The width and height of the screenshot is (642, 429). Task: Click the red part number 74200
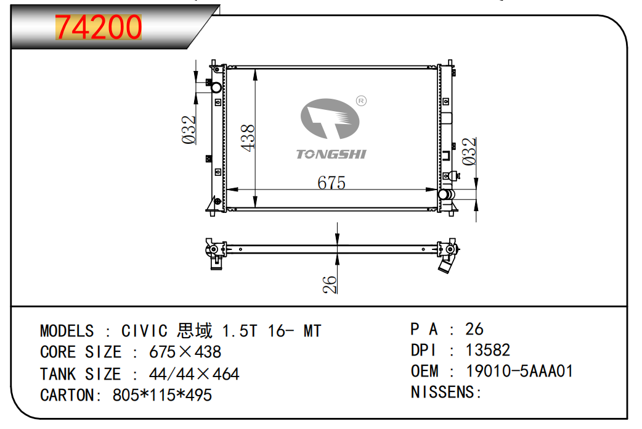(x=98, y=27)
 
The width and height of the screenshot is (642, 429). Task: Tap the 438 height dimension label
(x=248, y=138)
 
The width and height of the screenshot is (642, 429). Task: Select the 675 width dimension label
(x=331, y=183)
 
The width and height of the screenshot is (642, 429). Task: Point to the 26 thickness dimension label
(x=330, y=284)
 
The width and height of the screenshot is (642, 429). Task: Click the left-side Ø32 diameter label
(x=189, y=130)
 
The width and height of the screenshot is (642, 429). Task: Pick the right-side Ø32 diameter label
(x=469, y=151)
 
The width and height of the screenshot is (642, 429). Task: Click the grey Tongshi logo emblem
(x=330, y=119)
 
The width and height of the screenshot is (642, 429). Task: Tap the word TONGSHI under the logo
(x=331, y=154)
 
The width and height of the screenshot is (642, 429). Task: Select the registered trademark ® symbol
(x=361, y=101)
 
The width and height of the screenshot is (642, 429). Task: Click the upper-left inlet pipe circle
(x=216, y=88)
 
